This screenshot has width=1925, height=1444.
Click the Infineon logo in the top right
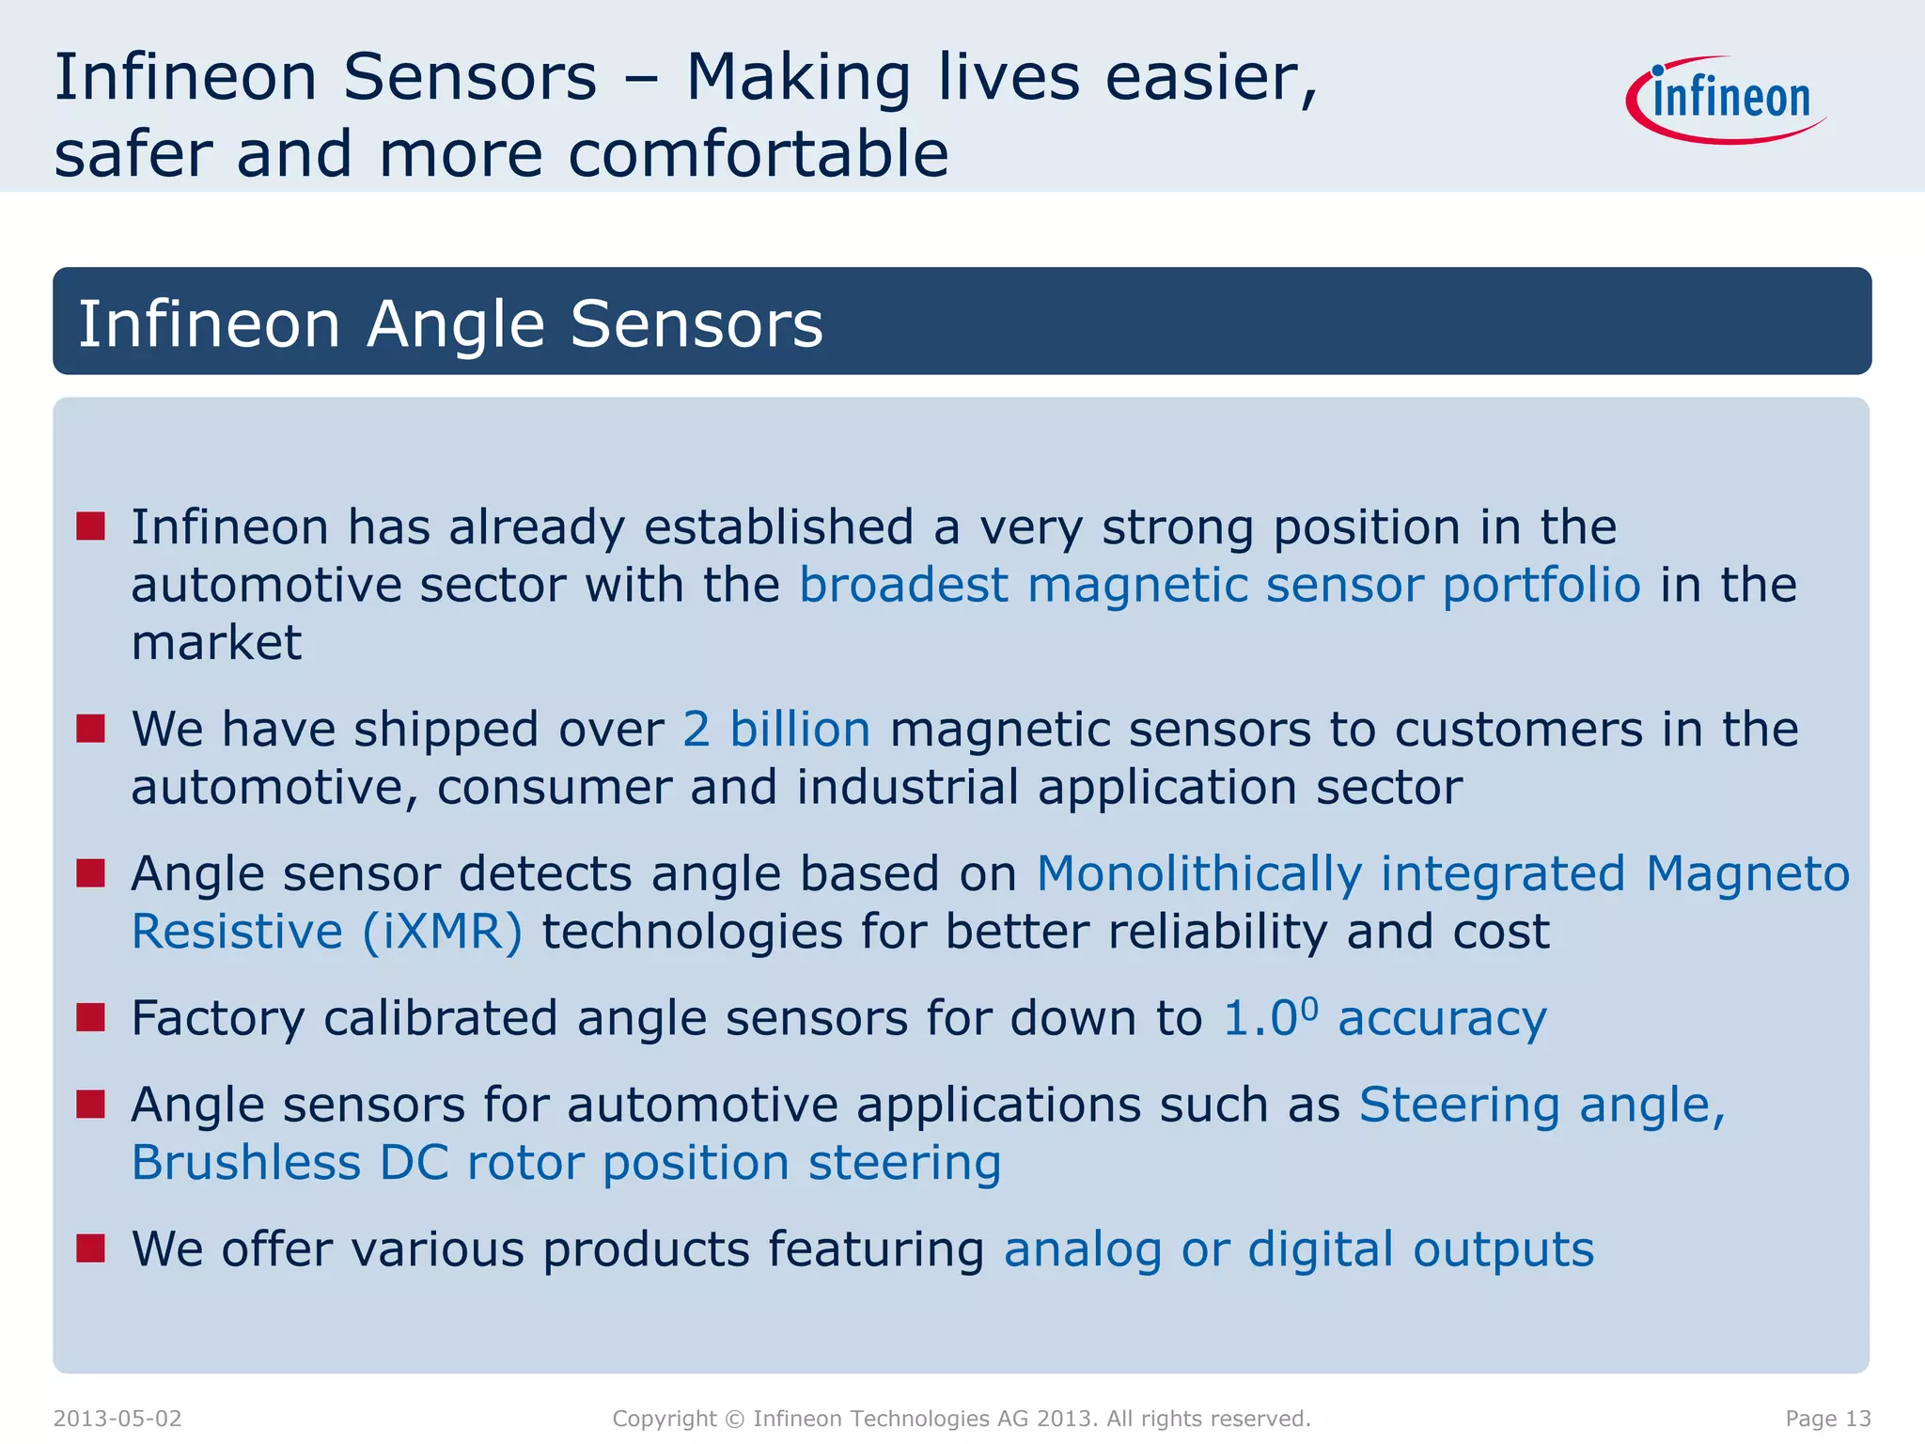point(1728,100)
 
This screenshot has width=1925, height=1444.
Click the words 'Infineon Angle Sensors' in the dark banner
point(450,323)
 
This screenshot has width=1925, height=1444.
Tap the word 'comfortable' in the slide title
point(759,154)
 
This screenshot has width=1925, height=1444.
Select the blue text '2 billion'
point(776,730)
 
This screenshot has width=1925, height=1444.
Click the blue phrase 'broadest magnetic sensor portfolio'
point(1220,585)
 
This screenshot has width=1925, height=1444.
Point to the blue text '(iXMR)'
point(443,932)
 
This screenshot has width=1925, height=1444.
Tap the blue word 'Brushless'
point(245,1163)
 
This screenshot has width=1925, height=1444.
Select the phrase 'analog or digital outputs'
point(1299,1249)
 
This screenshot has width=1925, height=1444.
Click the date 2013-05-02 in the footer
point(117,1419)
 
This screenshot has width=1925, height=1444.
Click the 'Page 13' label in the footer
point(1828,1419)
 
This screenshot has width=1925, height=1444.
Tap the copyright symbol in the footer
point(735,1419)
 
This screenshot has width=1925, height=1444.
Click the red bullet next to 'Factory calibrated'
point(91,1017)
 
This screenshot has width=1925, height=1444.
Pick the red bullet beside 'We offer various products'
point(91,1248)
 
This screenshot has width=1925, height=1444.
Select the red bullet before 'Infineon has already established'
point(91,526)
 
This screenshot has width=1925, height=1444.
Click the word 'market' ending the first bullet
point(216,644)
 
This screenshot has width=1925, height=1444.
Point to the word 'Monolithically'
point(1198,874)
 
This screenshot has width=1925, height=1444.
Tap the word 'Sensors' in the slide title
point(469,77)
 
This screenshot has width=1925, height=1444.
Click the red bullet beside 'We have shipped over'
point(91,729)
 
